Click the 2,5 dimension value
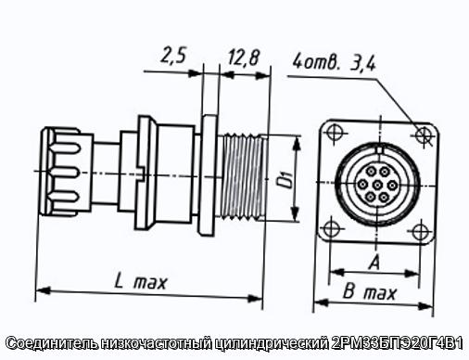click(x=173, y=57)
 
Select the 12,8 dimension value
click(x=244, y=58)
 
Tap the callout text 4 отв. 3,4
click(x=335, y=63)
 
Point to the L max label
click(x=141, y=282)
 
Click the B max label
click(x=370, y=292)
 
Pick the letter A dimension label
click(x=374, y=263)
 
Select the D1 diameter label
click(x=285, y=181)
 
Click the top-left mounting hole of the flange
click(x=334, y=133)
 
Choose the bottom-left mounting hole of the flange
click(x=330, y=229)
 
